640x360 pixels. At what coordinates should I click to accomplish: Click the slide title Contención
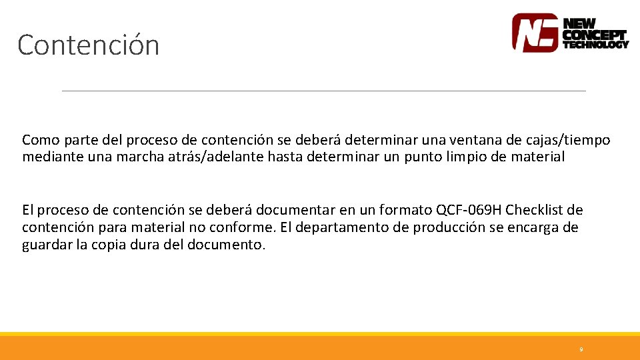point(89,45)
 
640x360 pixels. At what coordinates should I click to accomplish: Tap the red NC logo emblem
point(535,33)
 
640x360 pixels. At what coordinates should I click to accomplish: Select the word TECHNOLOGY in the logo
point(595,45)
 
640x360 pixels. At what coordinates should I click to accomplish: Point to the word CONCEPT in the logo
point(595,34)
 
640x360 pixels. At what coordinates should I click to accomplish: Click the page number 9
point(581,349)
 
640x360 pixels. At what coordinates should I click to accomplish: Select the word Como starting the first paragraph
point(37,140)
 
